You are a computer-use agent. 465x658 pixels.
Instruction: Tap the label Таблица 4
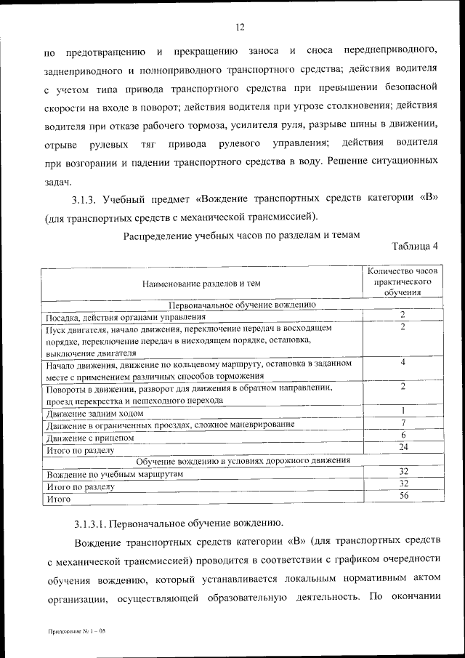coord(415,246)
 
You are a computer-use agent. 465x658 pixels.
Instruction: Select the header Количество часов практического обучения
coord(402,281)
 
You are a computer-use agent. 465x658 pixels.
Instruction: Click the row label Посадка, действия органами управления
coord(126,317)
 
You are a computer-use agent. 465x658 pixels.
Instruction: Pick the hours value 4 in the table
coord(403,361)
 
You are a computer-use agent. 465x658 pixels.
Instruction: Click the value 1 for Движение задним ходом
coord(403,411)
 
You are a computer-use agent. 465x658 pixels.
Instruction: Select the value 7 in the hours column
coord(403,422)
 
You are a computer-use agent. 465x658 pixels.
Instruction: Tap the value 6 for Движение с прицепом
coord(403,435)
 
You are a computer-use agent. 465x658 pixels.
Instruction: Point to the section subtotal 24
coord(403,446)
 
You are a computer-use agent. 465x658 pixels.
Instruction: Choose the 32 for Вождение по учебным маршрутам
coord(403,471)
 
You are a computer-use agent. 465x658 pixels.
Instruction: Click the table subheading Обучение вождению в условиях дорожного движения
coord(243,460)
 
